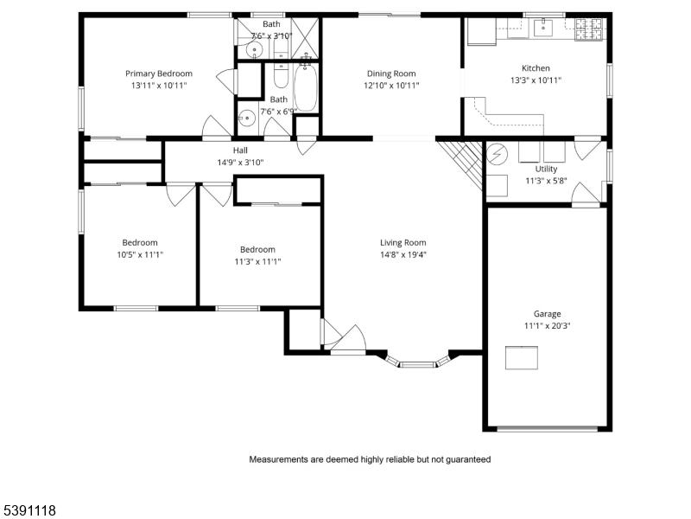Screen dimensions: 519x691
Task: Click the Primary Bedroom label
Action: (x=158, y=74)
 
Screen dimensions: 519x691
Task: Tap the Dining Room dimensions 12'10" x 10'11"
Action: (x=391, y=86)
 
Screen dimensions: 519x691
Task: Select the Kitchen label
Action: (x=536, y=68)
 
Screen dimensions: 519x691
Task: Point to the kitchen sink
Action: (x=544, y=29)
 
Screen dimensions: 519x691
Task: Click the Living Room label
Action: (x=403, y=242)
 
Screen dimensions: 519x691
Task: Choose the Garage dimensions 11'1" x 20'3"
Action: (x=547, y=326)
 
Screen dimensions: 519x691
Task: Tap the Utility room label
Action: (x=546, y=169)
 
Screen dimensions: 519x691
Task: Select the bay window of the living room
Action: (x=418, y=362)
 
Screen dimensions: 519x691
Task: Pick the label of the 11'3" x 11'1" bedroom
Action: (x=257, y=249)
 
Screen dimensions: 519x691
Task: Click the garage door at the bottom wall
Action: (x=547, y=428)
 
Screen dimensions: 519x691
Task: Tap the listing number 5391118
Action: (x=31, y=510)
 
